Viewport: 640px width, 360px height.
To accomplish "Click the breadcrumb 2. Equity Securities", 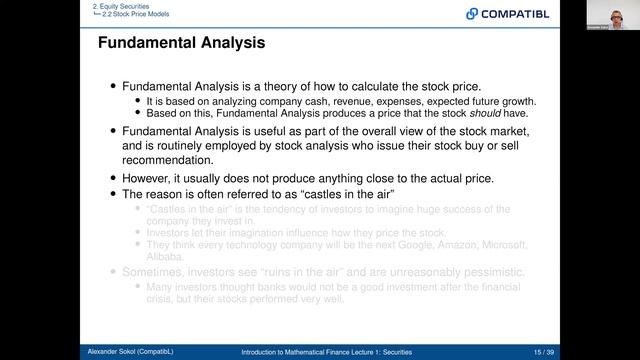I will tap(121, 5).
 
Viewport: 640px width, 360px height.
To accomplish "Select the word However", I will tap(150, 177).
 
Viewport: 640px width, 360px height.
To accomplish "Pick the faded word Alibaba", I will tap(165, 255).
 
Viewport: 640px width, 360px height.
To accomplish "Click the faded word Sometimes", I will tap(157, 272).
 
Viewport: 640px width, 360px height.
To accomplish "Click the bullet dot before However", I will tap(112, 178).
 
